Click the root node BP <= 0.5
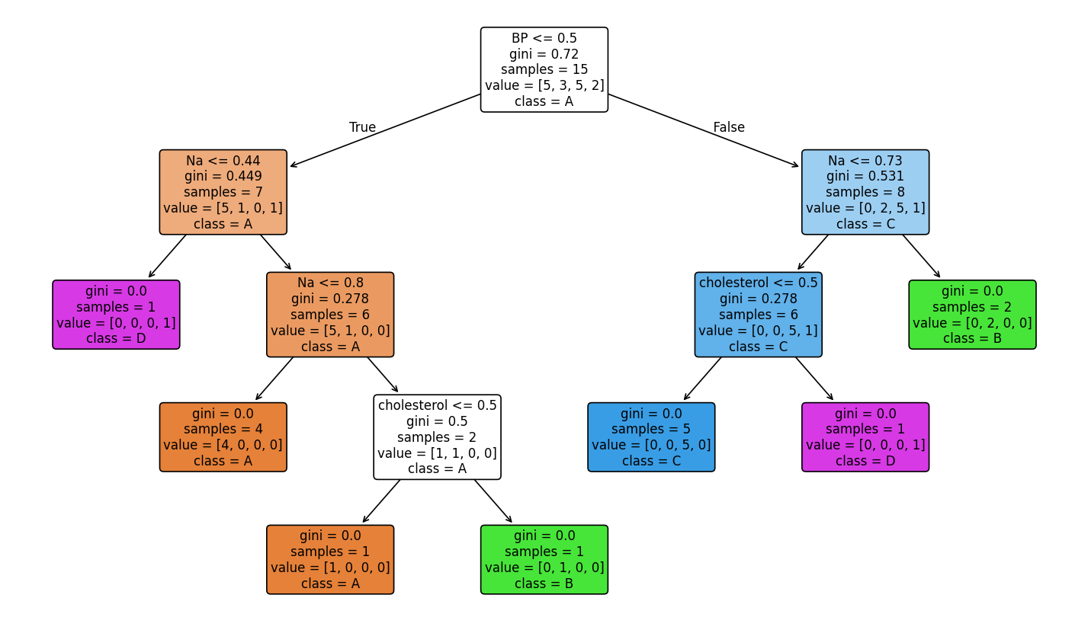(544, 69)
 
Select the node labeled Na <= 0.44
(223, 192)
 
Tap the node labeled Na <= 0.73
(865, 192)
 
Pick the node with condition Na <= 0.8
(330, 315)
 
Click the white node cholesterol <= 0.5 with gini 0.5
(437, 437)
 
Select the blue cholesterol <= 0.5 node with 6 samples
(758, 315)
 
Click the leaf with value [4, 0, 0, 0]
(223, 437)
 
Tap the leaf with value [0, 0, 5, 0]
(651, 437)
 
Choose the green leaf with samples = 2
(972, 315)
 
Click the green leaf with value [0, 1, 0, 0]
(544, 559)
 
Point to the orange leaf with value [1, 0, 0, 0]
(330, 559)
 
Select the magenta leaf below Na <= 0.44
(116, 315)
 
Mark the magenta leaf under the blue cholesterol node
(865, 437)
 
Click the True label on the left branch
(362, 127)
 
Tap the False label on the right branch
(728, 127)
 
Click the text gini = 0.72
(544, 54)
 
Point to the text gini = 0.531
(865, 177)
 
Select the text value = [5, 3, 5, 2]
(544, 85)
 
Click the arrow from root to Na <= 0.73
(703, 130)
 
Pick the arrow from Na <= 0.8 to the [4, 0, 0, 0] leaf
(274, 379)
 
